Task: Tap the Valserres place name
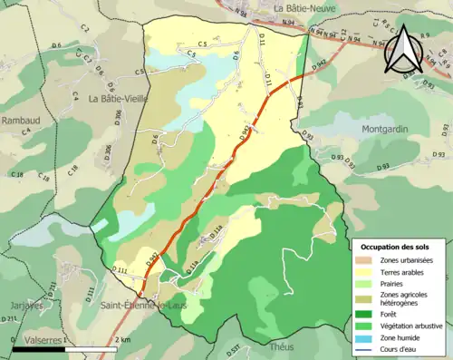[x=38, y=339]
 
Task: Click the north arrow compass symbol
[x=402, y=50]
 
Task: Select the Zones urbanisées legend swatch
[x=366, y=261]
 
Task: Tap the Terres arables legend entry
[x=398, y=271]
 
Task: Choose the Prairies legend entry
[x=390, y=283]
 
